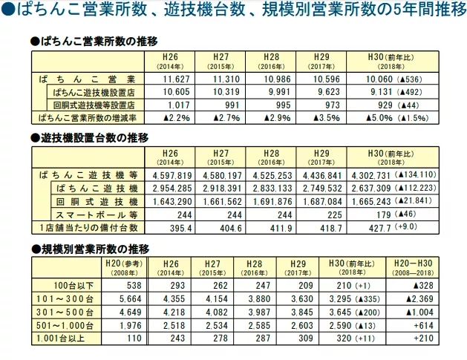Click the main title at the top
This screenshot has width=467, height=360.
click(x=233, y=12)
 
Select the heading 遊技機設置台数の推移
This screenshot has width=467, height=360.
click(x=88, y=137)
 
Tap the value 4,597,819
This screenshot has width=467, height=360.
click(x=172, y=174)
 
